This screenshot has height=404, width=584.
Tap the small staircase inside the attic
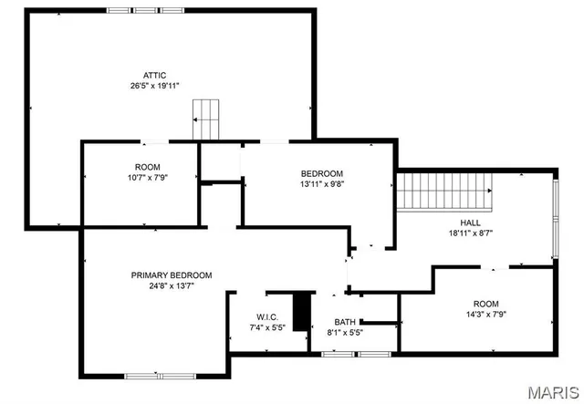tap(207, 119)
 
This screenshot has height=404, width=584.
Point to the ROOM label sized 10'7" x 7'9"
tap(147, 167)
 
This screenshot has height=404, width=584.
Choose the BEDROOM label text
tap(322, 173)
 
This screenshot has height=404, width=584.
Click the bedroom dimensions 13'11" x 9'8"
tap(322, 183)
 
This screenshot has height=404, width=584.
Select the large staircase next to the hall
tap(443, 191)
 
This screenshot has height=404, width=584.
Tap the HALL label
tap(470, 223)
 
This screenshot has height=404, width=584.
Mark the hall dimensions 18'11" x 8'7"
tap(470, 233)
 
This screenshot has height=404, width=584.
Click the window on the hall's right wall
tap(556, 217)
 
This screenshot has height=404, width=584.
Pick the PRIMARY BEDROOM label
tap(172, 275)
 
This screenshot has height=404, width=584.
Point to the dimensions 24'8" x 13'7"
tap(172, 285)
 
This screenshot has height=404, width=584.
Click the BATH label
tap(345, 322)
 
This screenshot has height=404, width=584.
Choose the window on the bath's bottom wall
tap(338, 354)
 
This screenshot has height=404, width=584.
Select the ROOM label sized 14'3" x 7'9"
tap(486, 304)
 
